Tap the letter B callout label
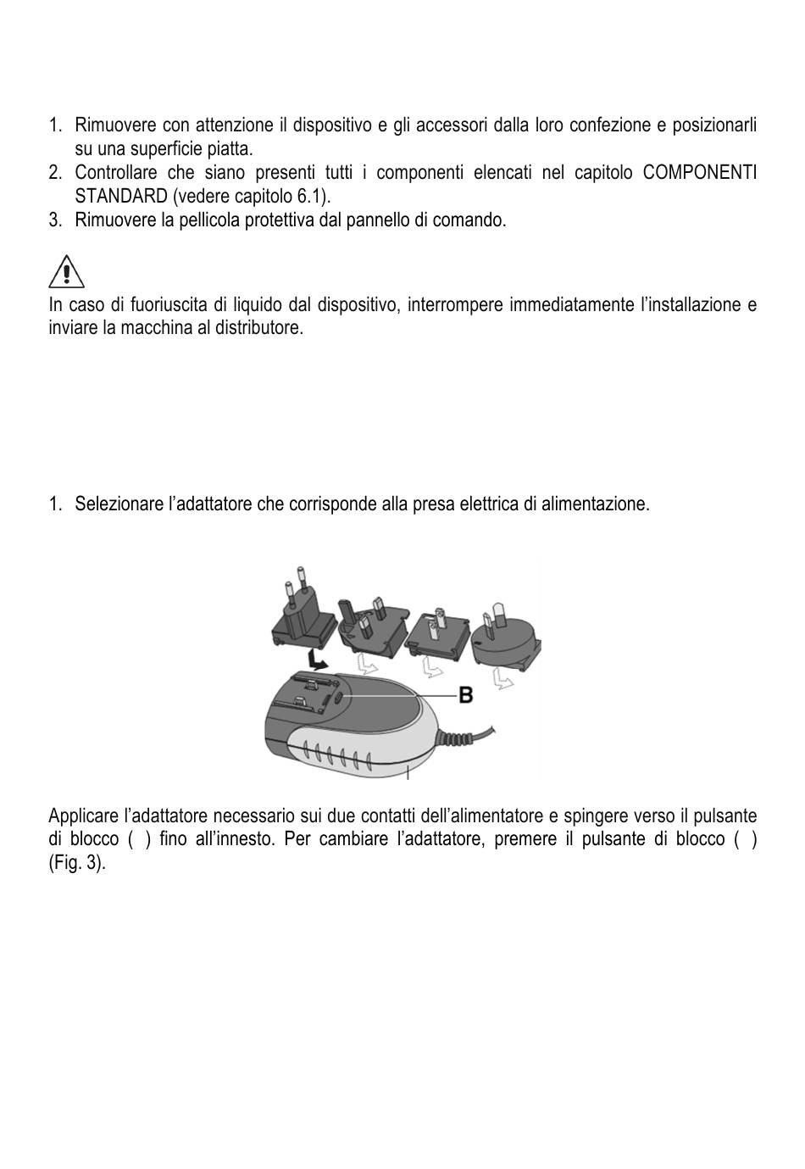[465, 695]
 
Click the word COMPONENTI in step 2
[699, 173]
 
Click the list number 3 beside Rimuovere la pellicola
[55, 220]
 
